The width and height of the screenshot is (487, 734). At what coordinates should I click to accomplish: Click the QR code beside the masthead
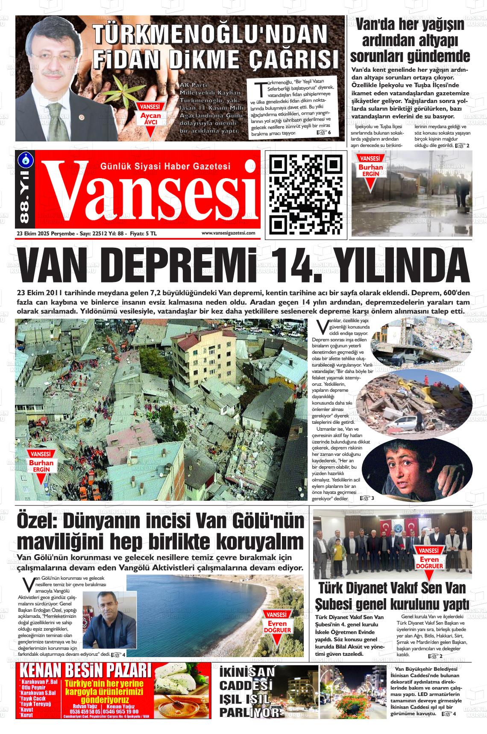[306, 194]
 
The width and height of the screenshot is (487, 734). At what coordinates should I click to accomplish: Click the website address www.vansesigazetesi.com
[228, 233]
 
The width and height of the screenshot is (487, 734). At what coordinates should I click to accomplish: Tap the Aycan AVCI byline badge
[151, 116]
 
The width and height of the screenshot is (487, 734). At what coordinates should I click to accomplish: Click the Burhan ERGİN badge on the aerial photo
[41, 463]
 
